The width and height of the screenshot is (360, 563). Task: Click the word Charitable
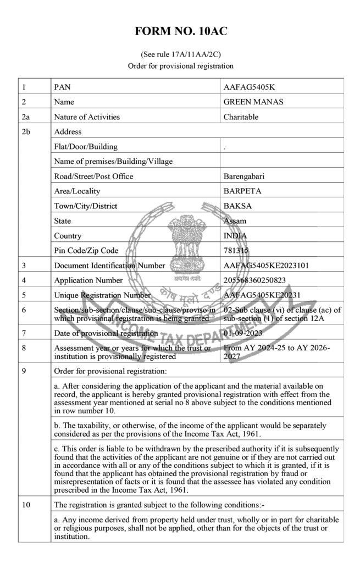(x=241, y=117)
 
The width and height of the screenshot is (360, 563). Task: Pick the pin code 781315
(x=236, y=251)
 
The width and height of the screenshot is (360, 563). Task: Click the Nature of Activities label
(x=87, y=117)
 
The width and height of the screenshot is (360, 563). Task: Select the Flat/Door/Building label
(x=86, y=147)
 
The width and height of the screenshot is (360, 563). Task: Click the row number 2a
(x=25, y=117)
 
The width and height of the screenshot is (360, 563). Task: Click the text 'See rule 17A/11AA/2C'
(x=180, y=55)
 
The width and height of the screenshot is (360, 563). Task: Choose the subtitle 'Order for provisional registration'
(x=180, y=66)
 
